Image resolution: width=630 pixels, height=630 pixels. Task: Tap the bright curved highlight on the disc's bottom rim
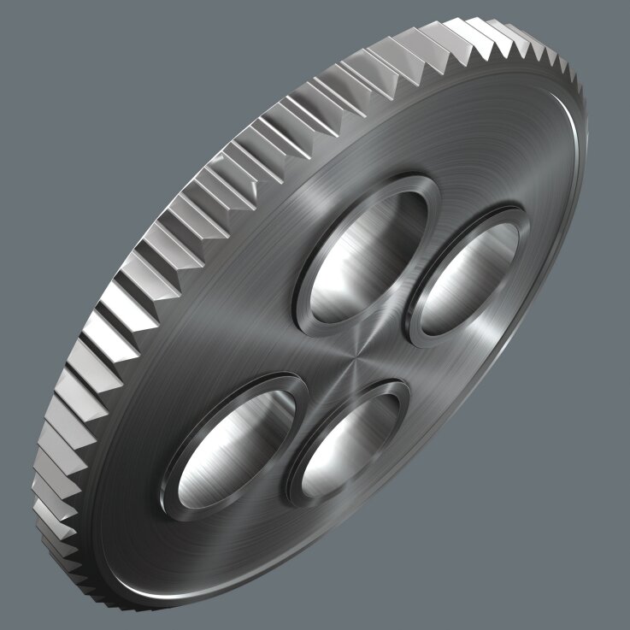pyautogui.click(x=214, y=590)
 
